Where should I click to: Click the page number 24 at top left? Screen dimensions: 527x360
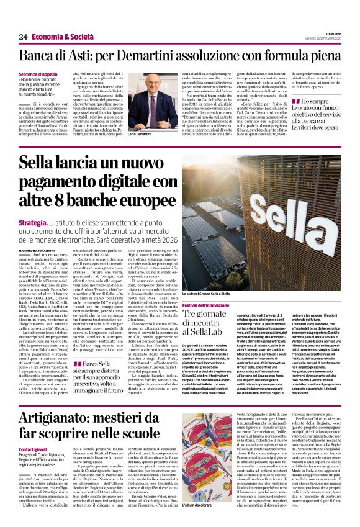pos(23,37)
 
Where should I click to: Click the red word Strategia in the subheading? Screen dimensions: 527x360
pos(33,222)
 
